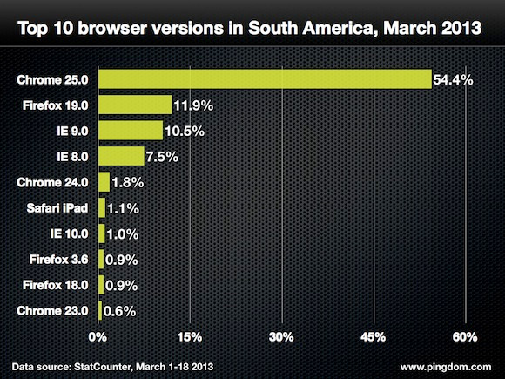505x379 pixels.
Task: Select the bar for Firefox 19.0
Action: (x=135, y=105)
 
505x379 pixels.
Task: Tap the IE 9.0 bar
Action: (x=131, y=131)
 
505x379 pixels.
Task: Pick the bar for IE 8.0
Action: (x=121, y=156)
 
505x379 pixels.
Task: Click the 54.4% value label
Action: (x=454, y=81)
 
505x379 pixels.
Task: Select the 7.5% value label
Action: (x=163, y=157)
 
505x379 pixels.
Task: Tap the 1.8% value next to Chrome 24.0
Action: (x=128, y=183)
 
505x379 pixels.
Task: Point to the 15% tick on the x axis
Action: (x=190, y=336)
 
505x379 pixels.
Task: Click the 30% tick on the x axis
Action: (x=281, y=336)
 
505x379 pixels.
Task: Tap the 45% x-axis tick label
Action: (x=373, y=336)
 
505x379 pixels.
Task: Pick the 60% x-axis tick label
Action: (x=464, y=336)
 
